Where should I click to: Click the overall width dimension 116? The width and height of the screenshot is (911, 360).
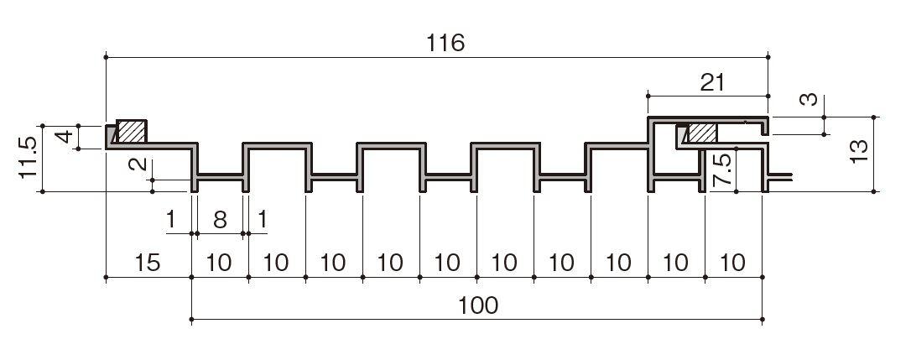click(445, 43)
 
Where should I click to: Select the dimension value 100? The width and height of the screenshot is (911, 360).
click(478, 305)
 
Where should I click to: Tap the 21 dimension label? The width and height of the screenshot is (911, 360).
click(712, 82)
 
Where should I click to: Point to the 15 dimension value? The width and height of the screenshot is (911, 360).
click(148, 263)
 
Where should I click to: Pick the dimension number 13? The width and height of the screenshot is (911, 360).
click(859, 151)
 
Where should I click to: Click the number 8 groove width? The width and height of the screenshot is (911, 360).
click(220, 220)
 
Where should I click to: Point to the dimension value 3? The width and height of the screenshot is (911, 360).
click(809, 100)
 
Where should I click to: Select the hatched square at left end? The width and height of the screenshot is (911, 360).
click(132, 131)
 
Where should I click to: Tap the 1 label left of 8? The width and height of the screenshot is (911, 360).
click(170, 220)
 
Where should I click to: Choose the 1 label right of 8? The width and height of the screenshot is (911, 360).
click(263, 220)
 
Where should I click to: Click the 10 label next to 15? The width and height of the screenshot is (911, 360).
click(219, 263)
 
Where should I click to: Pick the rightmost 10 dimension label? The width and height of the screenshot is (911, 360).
click(733, 263)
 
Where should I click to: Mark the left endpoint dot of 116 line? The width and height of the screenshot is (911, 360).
click(106, 57)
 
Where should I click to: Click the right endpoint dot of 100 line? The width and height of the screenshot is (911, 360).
click(762, 319)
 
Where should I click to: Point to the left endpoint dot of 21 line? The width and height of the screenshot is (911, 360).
click(648, 96)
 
